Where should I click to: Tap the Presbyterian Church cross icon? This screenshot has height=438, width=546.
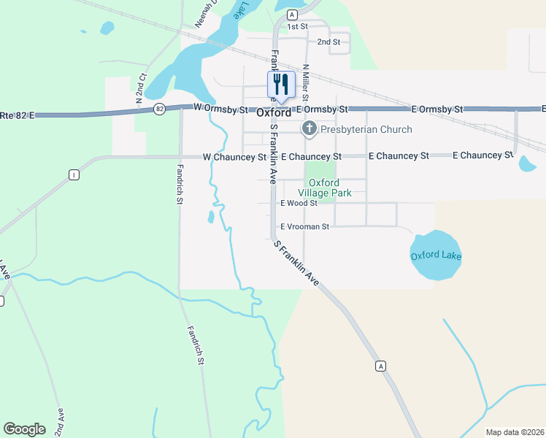309,129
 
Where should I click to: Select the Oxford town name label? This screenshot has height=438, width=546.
274,113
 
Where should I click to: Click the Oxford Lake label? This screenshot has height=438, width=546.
436,255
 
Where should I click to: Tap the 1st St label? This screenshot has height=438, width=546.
297,26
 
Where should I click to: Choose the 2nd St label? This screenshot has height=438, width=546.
328,42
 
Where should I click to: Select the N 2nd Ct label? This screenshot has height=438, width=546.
139,87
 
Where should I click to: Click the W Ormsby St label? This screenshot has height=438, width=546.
220,108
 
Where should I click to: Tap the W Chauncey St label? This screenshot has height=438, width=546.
234,157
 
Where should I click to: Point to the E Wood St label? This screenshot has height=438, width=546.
299,203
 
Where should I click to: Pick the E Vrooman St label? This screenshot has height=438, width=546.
305,226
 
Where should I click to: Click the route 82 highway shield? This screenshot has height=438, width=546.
159,109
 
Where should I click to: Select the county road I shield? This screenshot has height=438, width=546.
73,174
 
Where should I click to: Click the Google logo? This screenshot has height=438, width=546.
24,429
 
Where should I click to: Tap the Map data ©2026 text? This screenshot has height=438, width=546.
514,432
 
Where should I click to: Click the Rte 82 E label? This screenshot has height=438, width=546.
18,115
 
